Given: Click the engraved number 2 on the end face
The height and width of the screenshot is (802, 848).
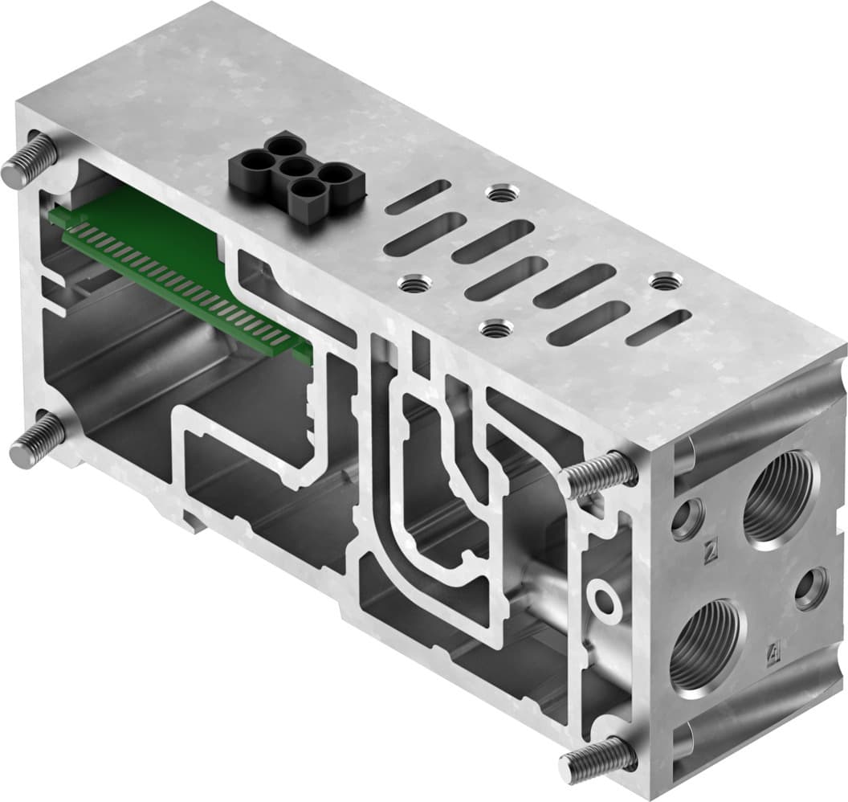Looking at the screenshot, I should pyautogui.click(x=709, y=552).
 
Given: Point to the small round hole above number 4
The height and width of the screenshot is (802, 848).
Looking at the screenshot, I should pyautogui.click(x=811, y=588).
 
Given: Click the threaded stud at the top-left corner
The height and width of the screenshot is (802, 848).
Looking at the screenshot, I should pyautogui.click(x=27, y=159).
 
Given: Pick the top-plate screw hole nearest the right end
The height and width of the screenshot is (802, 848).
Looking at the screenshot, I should pyautogui.click(x=662, y=283).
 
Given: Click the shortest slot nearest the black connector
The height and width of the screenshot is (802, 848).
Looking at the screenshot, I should pyautogui.click(x=418, y=196).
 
